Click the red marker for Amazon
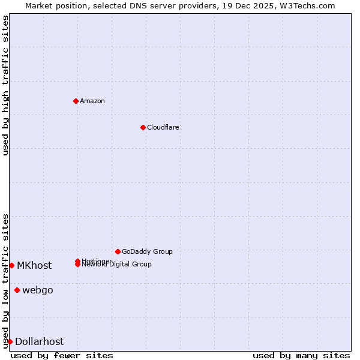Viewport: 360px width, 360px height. tap(76, 101)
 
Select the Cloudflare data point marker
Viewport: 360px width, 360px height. tap(143, 127)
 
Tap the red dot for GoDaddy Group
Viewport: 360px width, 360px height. tap(118, 251)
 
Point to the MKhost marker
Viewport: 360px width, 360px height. tap(11, 265)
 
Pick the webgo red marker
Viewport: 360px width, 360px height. tap(17, 290)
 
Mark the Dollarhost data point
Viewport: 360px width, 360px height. tap(10, 341)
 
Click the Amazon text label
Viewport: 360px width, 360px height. tap(92, 101)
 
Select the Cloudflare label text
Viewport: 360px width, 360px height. tap(163, 127)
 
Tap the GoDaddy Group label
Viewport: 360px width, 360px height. tap(147, 251)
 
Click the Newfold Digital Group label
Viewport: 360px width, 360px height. tap(117, 265)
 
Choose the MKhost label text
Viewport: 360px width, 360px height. tap(34, 265)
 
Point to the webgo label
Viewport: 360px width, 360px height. tap(38, 290)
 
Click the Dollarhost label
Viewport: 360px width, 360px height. tap(40, 341)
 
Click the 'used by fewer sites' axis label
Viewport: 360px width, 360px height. tap(62, 356)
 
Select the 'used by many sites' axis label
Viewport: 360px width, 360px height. tap(301, 356)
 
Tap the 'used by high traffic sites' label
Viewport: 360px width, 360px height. tap(5, 86)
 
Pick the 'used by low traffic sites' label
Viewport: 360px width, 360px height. tap(5, 281)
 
